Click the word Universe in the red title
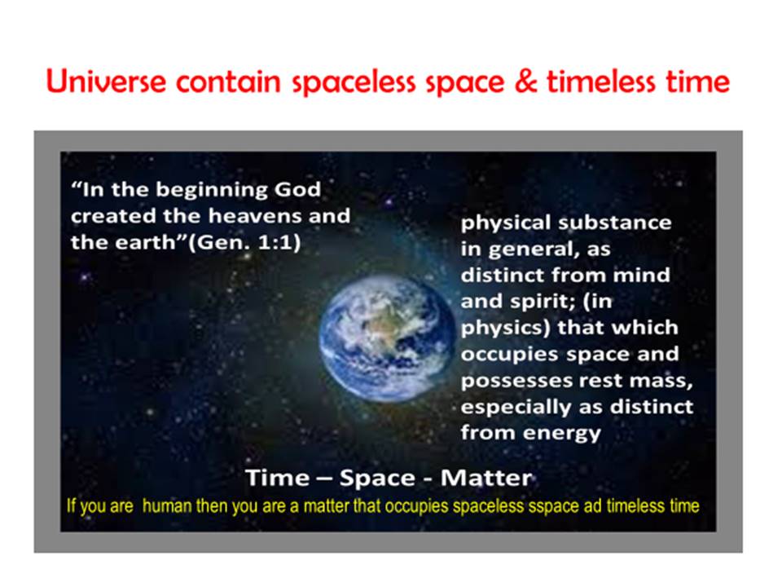click(106, 81)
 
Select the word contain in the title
click(228, 82)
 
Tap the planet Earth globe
click(386, 339)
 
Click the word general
click(534, 249)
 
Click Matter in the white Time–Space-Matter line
click(486, 478)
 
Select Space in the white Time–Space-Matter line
click(377, 479)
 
